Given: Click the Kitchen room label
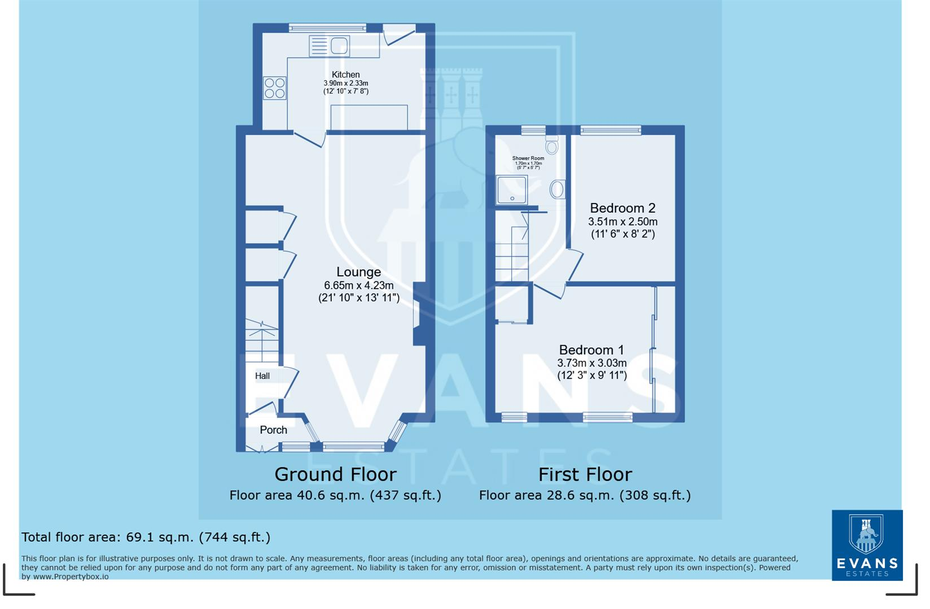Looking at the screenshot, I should click(x=345, y=74).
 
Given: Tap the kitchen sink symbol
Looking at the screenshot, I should click(x=330, y=46).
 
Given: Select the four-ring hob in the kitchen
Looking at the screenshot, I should click(x=275, y=89).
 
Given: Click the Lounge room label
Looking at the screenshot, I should click(x=358, y=272).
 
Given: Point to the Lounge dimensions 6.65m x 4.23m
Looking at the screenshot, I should click(x=358, y=285).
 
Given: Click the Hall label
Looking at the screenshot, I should click(x=262, y=376).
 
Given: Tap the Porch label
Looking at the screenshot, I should click(x=273, y=430).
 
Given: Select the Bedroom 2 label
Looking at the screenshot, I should click(x=622, y=208).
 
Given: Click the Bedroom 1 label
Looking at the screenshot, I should click(x=591, y=350).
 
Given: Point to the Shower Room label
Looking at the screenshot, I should click(x=528, y=158).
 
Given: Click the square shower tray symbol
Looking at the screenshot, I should click(x=511, y=189).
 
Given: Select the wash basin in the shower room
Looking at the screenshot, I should click(x=557, y=189).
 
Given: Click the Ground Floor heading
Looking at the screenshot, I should click(x=335, y=474).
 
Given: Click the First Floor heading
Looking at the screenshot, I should click(x=585, y=474).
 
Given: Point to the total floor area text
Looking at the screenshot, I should click(x=146, y=537).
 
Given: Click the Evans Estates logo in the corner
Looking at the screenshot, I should click(x=867, y=545).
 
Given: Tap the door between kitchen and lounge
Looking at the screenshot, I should click(x=310, y=138).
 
